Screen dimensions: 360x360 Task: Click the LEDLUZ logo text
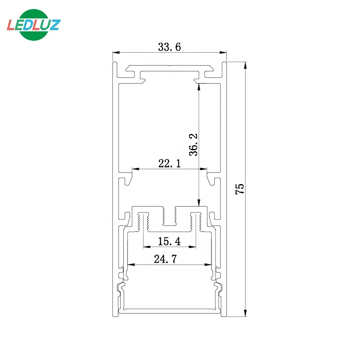tap(33, 24)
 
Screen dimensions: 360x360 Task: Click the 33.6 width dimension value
tap(169, 47)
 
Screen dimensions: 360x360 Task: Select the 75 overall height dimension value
tap(240, 189)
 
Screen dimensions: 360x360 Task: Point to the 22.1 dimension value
tap(169, 164)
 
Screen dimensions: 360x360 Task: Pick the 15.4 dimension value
tap(169, 242)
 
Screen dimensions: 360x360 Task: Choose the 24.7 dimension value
tap(169, 259)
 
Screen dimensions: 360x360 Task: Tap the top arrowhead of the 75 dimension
tap(245, 65)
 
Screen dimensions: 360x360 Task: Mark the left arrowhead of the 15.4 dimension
tap(146, 247)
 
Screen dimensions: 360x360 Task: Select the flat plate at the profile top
tap(169, 70)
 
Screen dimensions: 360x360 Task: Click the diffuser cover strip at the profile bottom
tap(169, 310)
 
